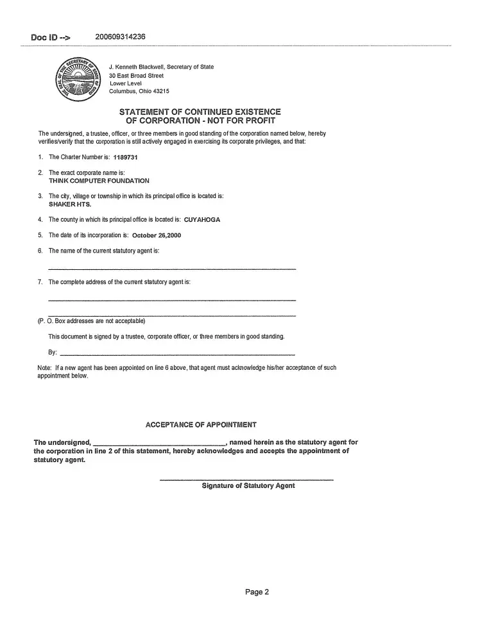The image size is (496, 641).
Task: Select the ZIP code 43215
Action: [161, 91]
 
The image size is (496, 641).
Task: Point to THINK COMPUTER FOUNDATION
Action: [99, 181]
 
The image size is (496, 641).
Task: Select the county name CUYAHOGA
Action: [201, 219]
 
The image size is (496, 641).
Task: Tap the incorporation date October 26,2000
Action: [156, 235]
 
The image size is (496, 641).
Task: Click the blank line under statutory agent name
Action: [172, 268]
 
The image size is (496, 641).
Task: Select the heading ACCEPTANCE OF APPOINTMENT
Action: [201, 425]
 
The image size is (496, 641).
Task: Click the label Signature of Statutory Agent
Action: [248, 486]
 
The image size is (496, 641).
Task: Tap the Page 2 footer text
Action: [257, 592]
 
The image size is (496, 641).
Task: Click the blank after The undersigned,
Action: [159, 444]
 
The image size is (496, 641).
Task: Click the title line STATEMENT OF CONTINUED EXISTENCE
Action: [200, 112]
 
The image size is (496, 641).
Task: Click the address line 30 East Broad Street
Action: [136, 76]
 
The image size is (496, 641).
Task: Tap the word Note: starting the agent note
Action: [45, 368]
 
